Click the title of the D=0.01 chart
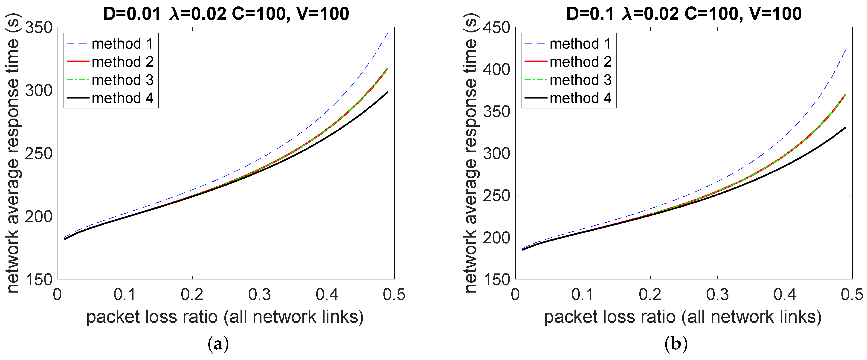point(226,14)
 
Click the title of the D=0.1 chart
point(684,14)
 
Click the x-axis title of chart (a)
point(225,317)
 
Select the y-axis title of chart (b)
point(471,153)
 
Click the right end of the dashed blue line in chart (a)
point(388,33)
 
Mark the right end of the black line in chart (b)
point(845,128)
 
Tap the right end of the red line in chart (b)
point(845,95)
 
